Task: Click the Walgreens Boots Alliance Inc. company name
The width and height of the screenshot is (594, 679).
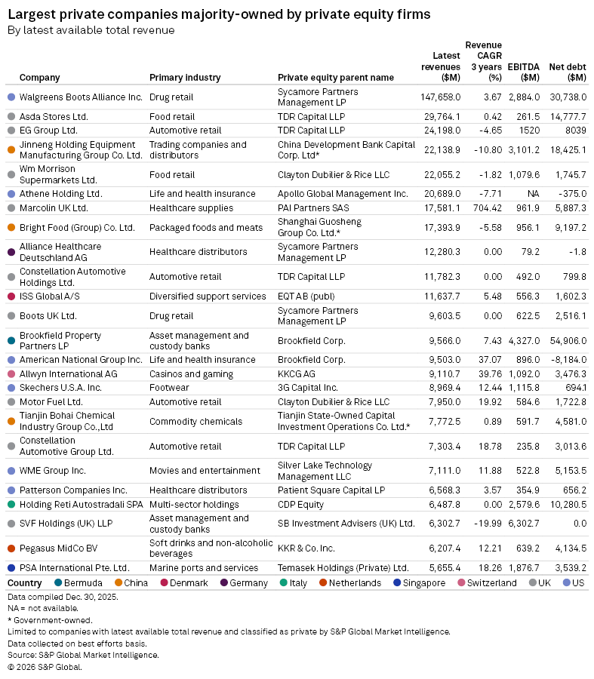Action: coord(80,97)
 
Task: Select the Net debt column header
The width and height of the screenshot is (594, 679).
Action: coord(568,72)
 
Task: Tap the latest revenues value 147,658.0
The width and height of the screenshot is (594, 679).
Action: coord(440,97)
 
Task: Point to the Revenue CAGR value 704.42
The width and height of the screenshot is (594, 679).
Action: coord(485,207)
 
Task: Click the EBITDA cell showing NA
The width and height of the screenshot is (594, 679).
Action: coord(532,194)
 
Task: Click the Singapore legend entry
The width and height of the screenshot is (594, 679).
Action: coord(424,583)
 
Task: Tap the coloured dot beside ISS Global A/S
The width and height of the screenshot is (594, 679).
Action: coord(11,296)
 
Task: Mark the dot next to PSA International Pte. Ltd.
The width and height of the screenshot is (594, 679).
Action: coord(11,567)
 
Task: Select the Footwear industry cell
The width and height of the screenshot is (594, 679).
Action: coord(169,387)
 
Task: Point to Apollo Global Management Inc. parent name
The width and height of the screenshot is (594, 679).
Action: coord(342,194)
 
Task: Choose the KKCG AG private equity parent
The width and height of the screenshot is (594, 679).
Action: coord(297,373)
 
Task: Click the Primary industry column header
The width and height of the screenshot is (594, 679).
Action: coord(185,77)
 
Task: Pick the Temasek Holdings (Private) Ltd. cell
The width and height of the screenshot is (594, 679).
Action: coord(343,567)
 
